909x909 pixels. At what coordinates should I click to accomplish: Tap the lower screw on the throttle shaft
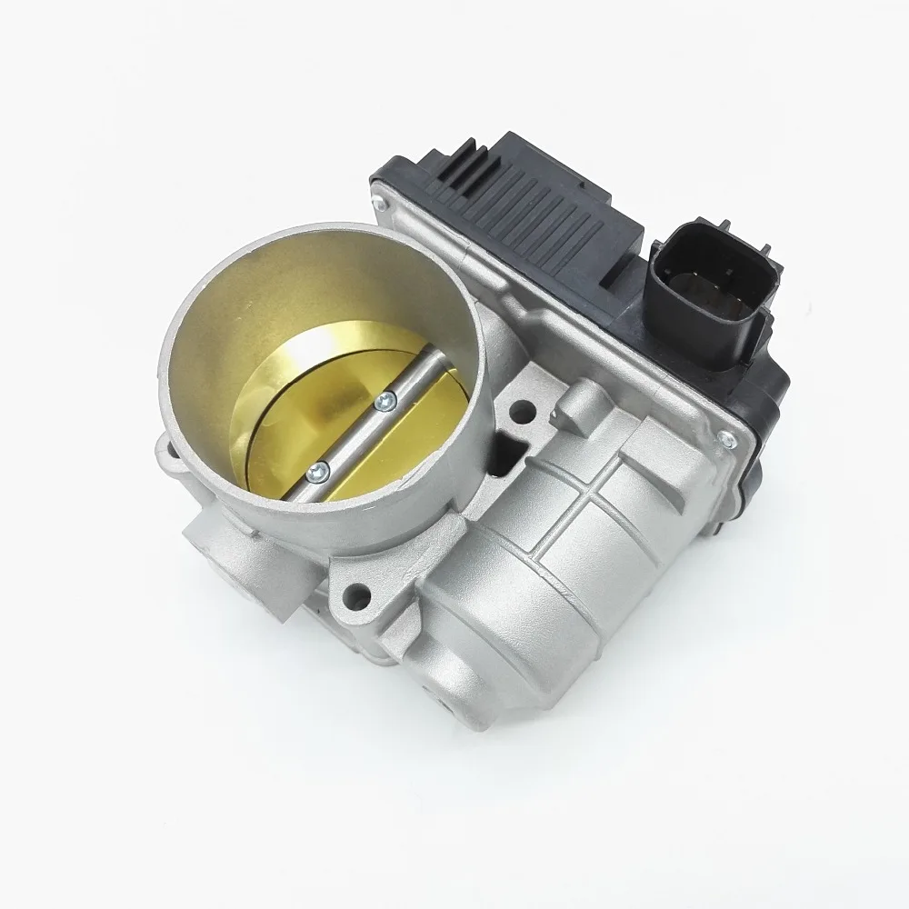click(317, 469)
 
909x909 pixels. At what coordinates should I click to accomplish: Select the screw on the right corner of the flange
click(724, 441)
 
